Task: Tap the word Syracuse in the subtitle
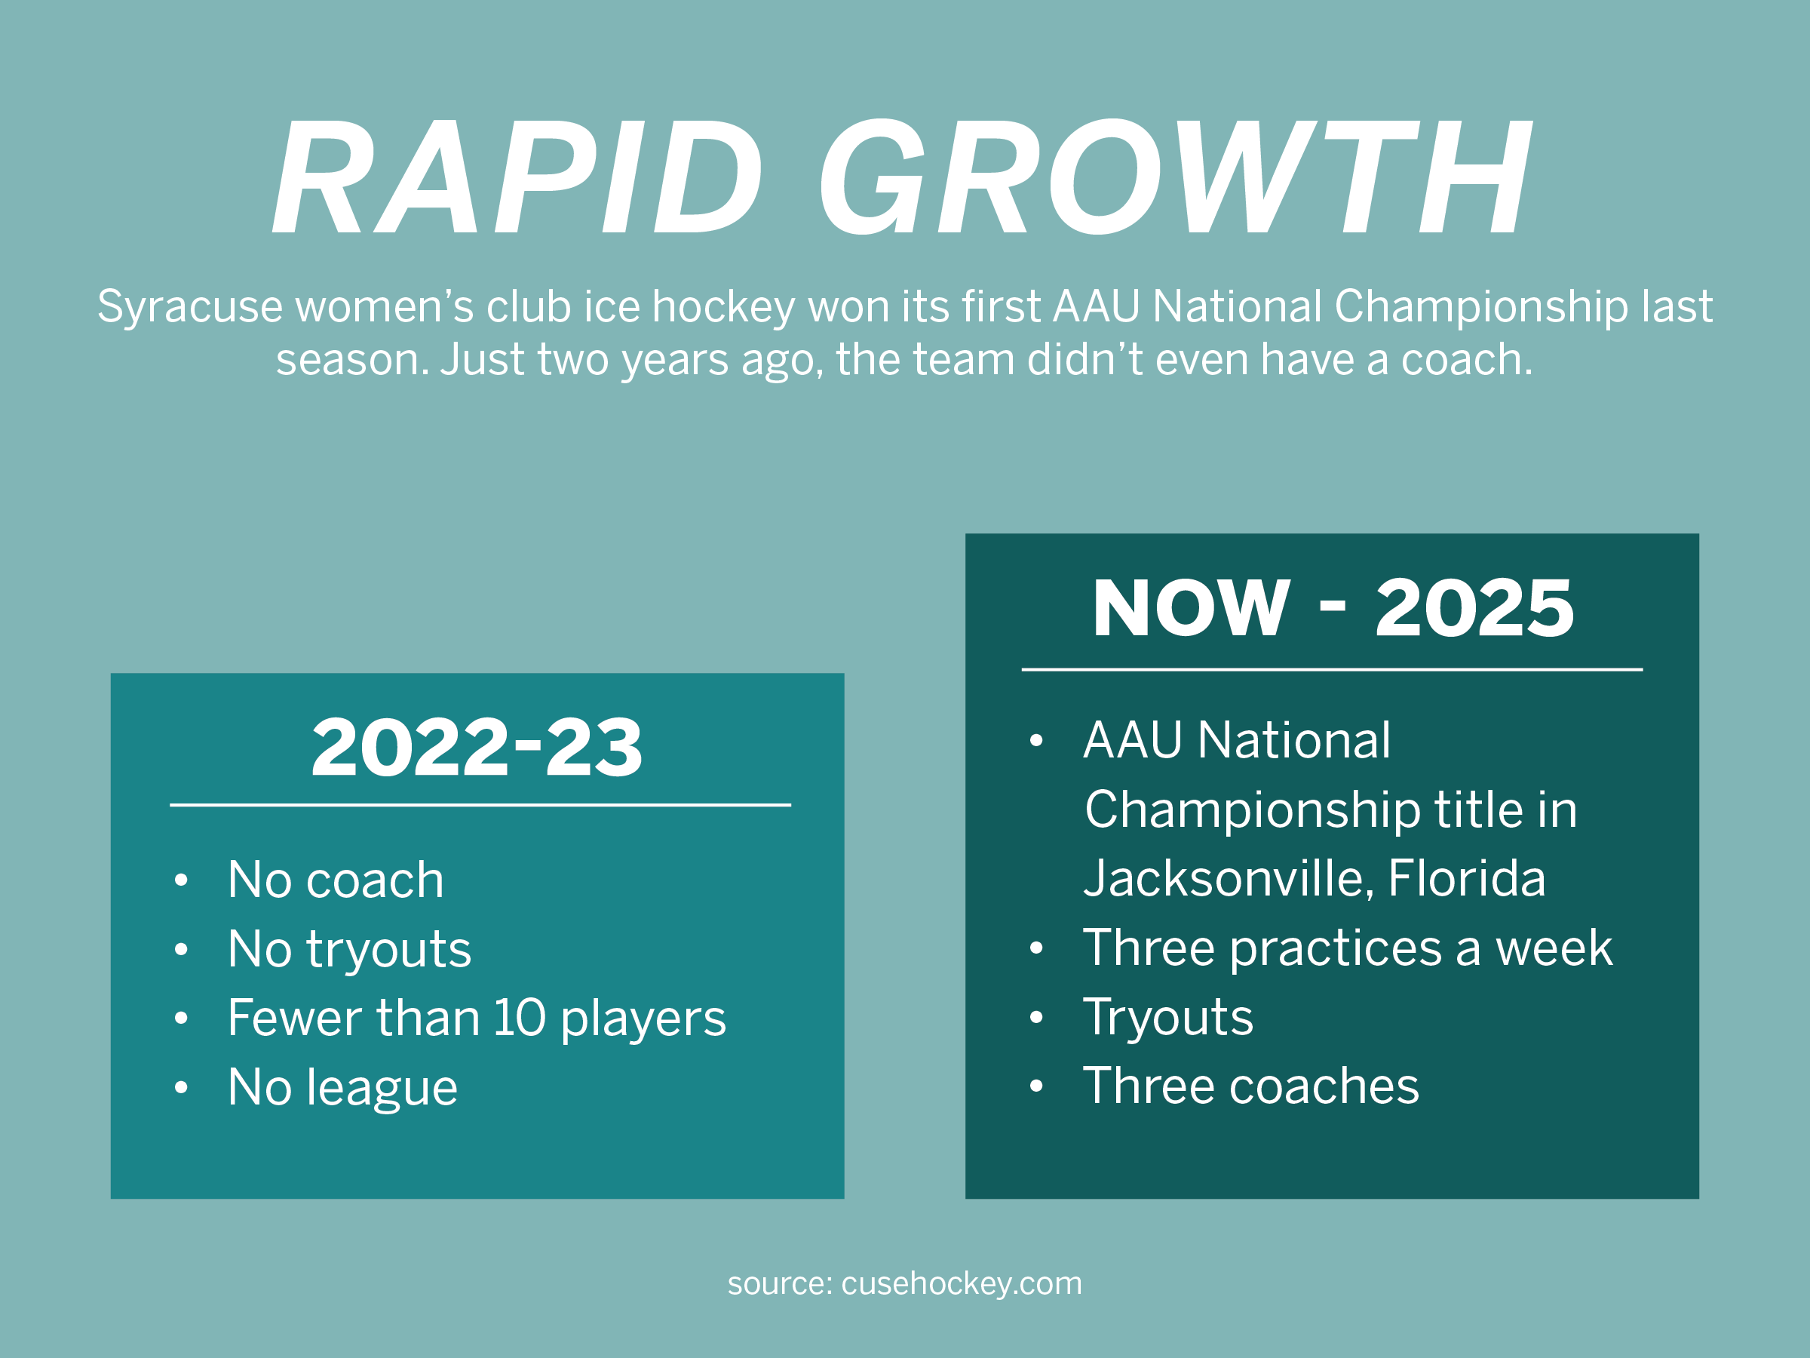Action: [190, 308]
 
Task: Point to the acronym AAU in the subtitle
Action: [1096, 306]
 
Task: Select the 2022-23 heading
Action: [477, 747]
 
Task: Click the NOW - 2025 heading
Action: [1333, 607]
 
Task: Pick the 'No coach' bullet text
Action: [336, 880]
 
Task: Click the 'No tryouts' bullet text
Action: [349, 950]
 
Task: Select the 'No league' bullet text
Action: [343, 1088]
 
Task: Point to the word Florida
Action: [1466, 878]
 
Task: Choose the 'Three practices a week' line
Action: [1348, 949]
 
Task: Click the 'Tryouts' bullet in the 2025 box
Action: [1167, 1018]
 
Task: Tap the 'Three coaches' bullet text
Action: [1251, 1086]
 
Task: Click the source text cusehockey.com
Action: [962, 1283]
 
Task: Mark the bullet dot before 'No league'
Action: [182, 1088]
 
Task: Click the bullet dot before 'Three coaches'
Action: [1037, 1086]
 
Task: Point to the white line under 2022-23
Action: [480, 806]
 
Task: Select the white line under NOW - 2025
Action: [1332, 670]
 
